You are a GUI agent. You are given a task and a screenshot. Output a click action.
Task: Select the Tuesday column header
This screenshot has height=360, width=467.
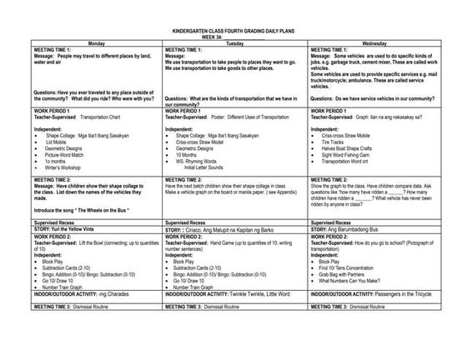pyautogui.click(x=234, y=42)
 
